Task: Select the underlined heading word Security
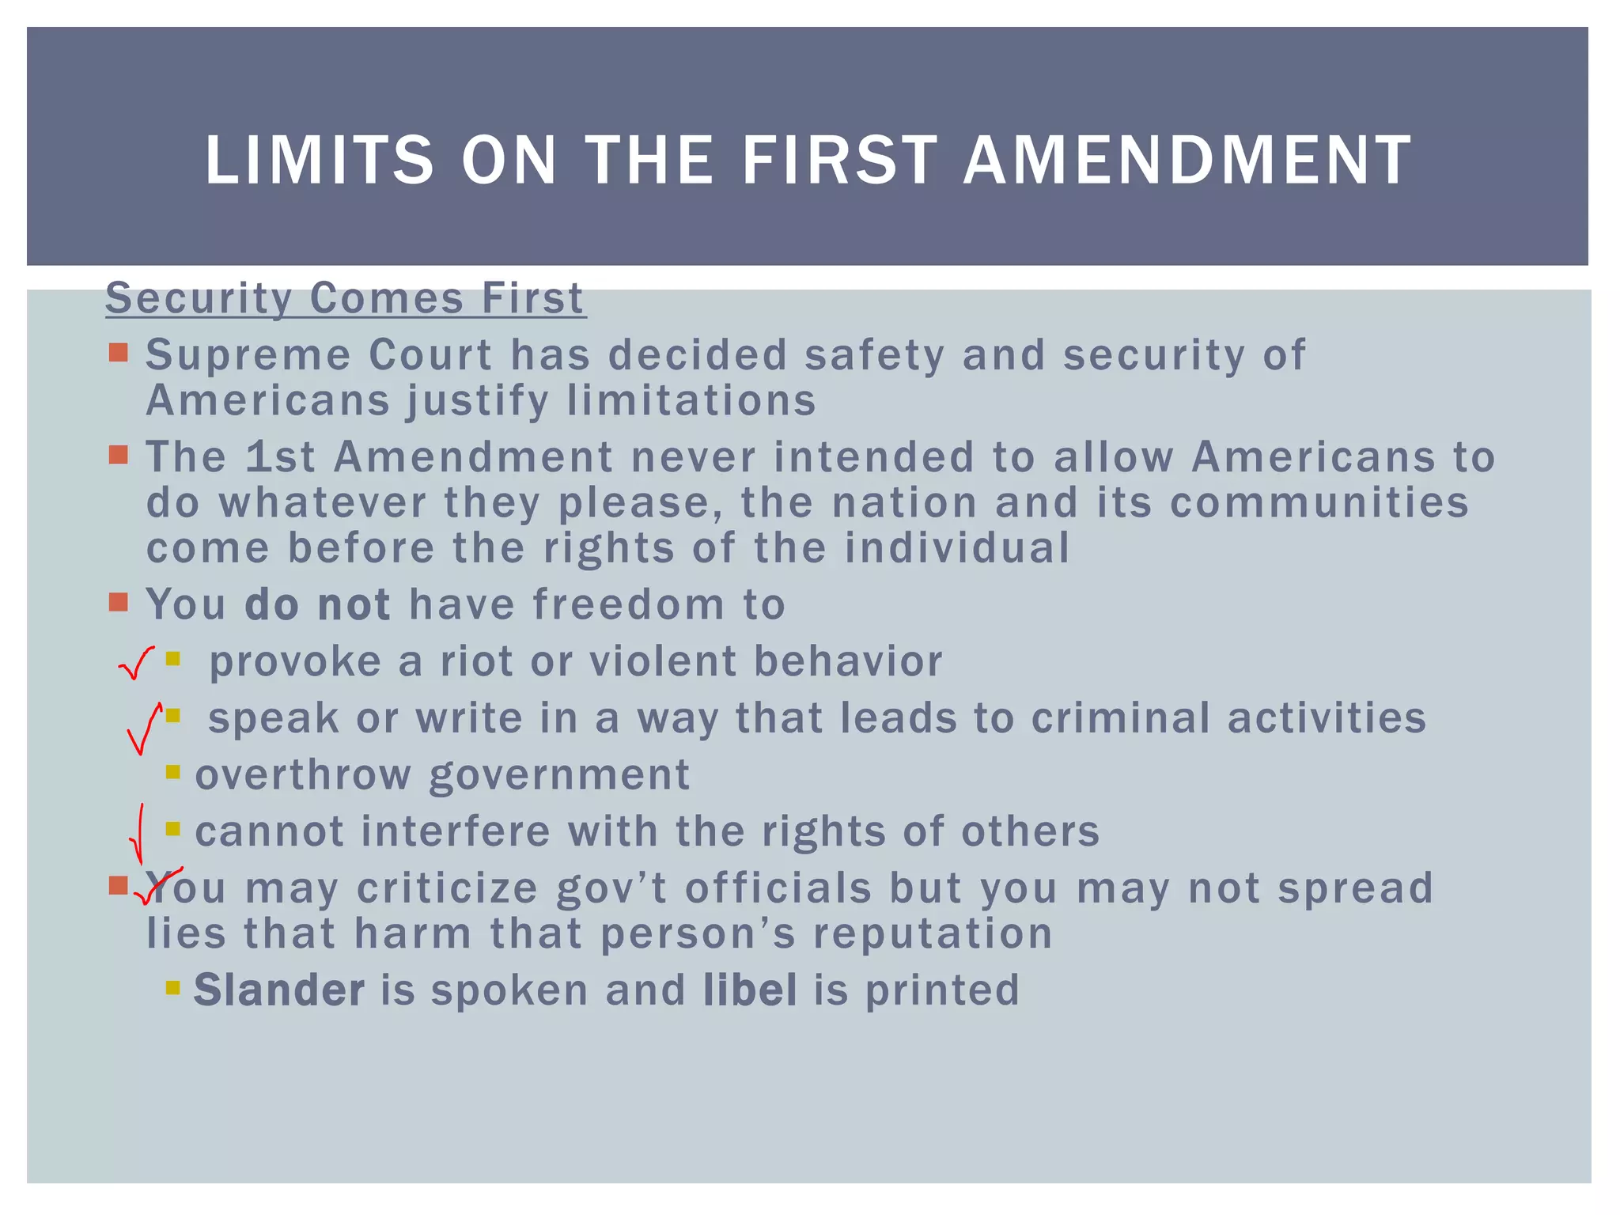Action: coord(199,298)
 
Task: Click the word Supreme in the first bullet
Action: coord(248,355)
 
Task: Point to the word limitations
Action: coord(691,400)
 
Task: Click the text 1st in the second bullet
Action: coord(280,457)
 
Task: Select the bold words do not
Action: coord(317,605)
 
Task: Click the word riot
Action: coord(476,661)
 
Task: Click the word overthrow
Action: coord(303,774)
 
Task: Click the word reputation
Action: coord(933,933)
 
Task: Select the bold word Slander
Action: coord(279,990)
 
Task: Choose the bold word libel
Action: coord(751,990)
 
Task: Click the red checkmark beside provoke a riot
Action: coord(135,663)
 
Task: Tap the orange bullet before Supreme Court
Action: coord(119,352)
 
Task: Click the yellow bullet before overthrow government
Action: coord(173,771)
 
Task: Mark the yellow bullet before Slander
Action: coord(173,987)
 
